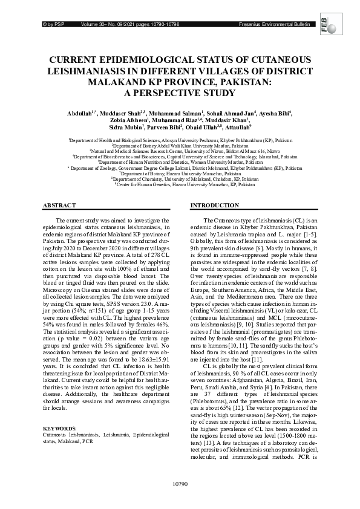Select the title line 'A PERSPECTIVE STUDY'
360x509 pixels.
coord(179,92)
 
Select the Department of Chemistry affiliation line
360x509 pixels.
coord(180,179)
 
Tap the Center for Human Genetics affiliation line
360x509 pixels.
coord(180,184)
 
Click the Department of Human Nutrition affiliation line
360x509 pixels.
coord(180,163)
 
